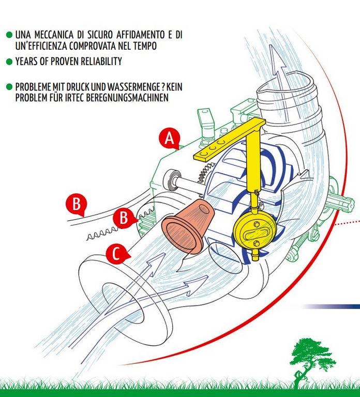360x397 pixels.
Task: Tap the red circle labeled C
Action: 116,254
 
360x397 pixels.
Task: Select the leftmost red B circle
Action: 76,204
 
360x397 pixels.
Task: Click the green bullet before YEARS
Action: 9,62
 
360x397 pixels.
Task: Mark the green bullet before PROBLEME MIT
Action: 9,87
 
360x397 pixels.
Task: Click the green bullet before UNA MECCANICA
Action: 9,35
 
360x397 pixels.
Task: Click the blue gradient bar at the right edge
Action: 331,307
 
